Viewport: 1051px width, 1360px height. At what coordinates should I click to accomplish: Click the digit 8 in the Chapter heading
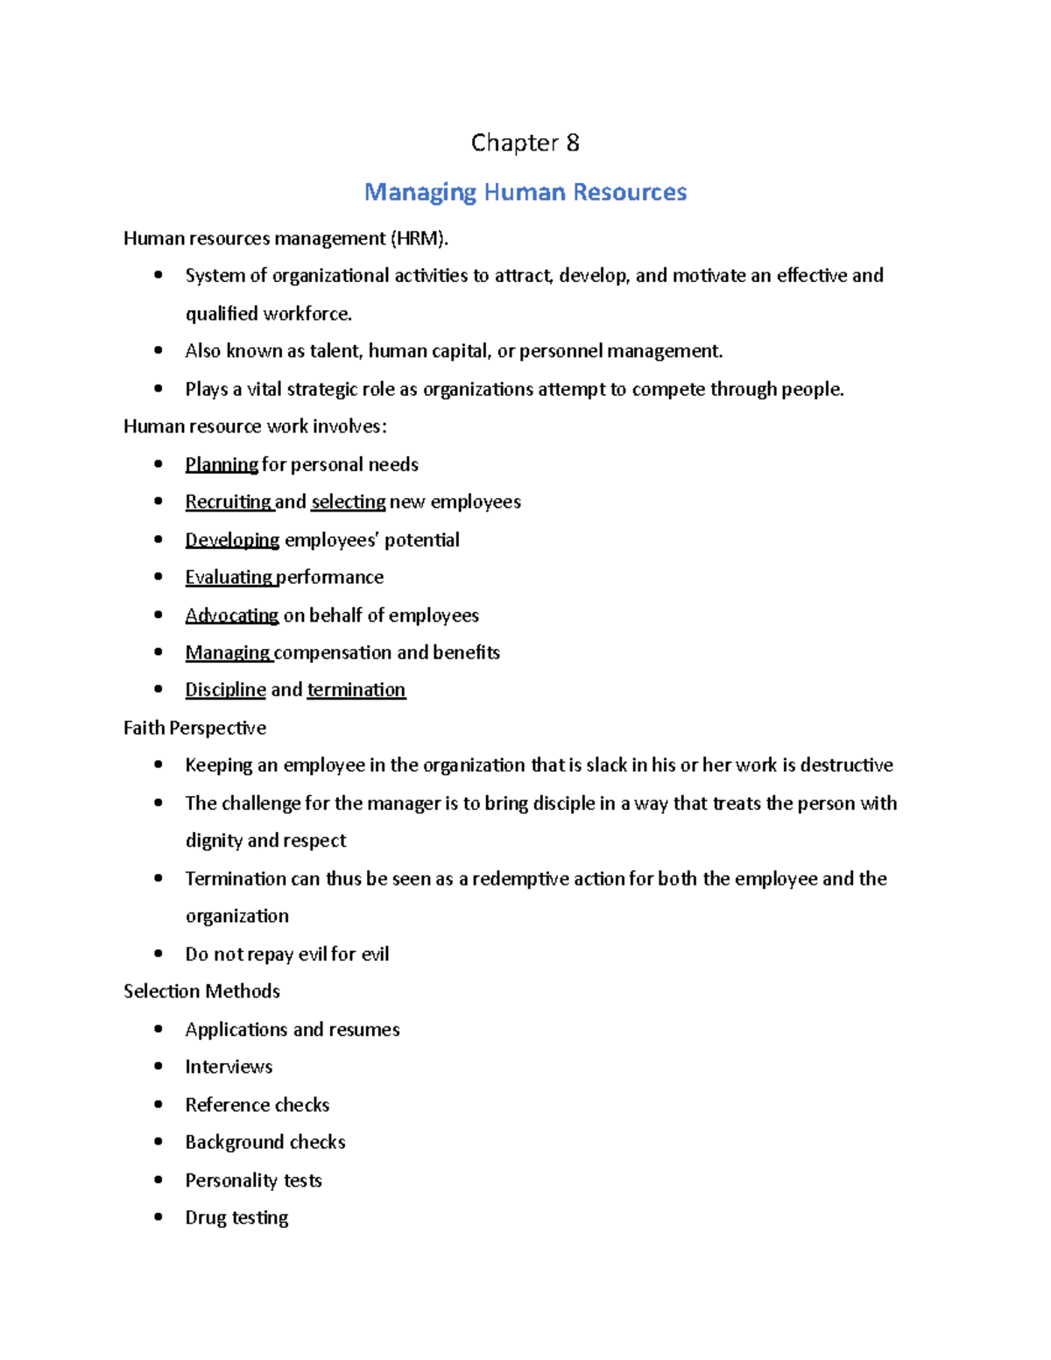[x=572, y=143]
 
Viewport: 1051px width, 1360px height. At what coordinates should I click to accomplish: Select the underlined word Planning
[x=222, y=464]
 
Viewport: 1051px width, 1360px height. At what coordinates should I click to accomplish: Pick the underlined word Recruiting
[x=229, y=502]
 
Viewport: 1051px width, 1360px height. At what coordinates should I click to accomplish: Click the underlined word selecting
[x=349, y=502]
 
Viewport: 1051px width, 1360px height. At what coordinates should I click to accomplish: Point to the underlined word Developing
[x=232, y=539]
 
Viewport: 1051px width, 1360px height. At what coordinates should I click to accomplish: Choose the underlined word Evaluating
[x=229, y=577]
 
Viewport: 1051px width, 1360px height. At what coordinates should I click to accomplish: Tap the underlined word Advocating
[x=232, y=615]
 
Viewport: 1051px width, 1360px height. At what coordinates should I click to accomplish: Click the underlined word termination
[x=356, y=690]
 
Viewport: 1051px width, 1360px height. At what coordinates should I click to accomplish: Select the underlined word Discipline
[x=225, y=690]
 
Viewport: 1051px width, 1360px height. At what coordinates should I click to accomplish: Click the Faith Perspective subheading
[x=194, y=728]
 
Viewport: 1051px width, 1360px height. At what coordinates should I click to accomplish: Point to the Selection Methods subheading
[x=201, y=991]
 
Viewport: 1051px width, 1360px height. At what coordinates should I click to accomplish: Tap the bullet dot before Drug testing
[x=159, y=1217]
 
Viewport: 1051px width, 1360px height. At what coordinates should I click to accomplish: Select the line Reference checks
[x=257, y=1104]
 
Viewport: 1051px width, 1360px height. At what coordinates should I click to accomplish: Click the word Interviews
[x=229, y=1067]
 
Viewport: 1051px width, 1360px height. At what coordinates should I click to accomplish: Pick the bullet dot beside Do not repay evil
[x=159, y=954]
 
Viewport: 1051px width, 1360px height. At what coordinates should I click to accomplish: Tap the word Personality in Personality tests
[x=231, y=1180]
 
